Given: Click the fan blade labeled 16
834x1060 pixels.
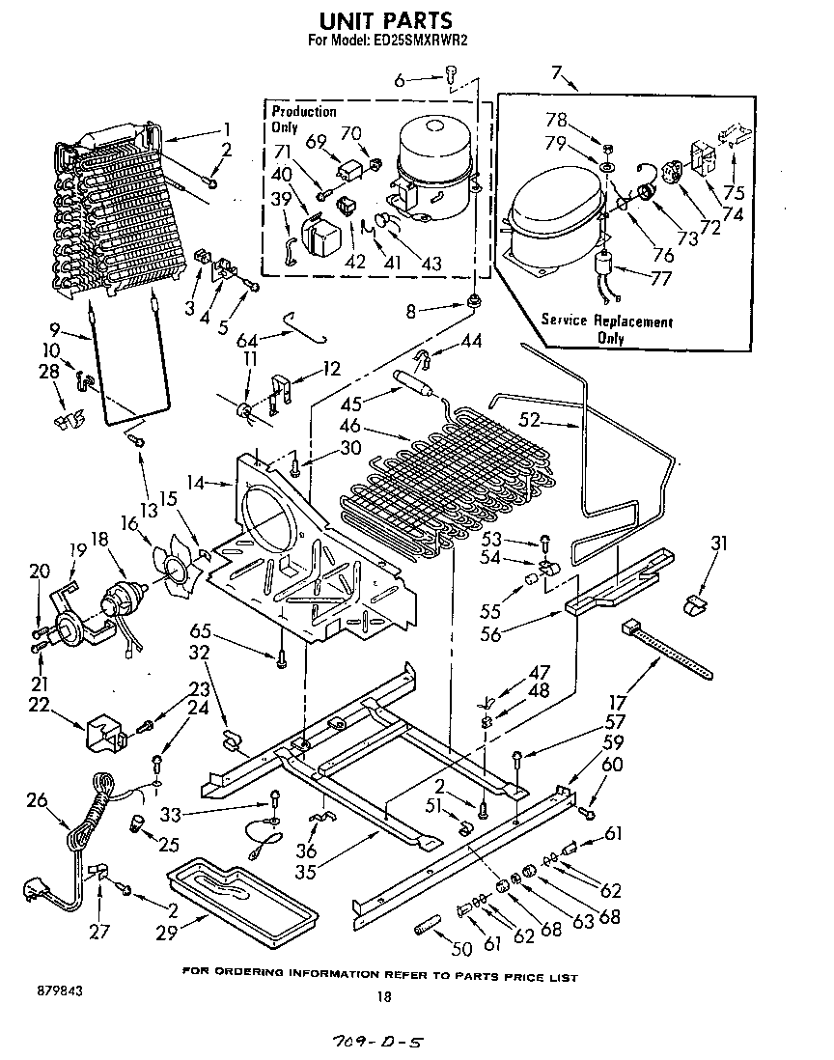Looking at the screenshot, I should (x=181, y=567).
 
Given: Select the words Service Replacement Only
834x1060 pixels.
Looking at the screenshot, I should (x=606, y=328).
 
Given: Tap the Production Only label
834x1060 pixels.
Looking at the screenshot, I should (x=303, y=120).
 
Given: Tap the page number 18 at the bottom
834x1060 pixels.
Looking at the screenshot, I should (x=384, y=998).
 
